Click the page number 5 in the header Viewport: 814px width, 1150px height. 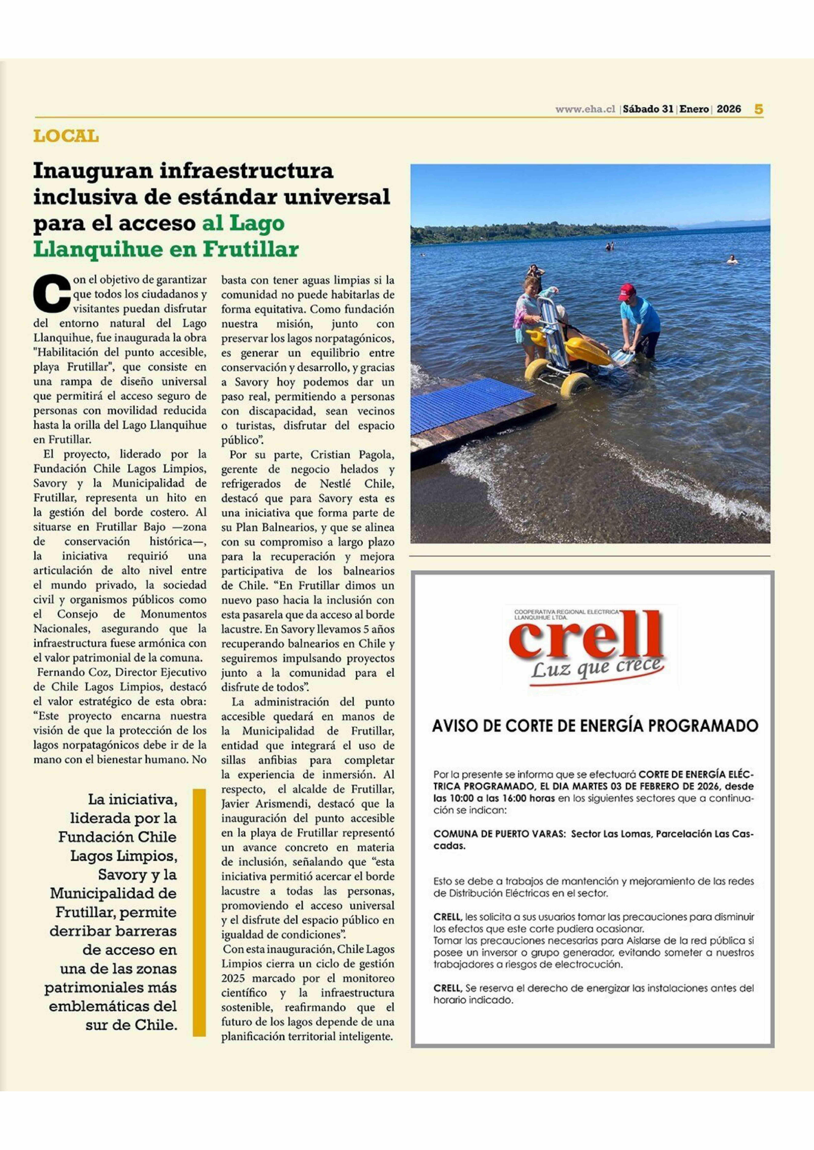click(x=758, y=109)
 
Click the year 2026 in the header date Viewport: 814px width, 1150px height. click(x=728, y=109)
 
